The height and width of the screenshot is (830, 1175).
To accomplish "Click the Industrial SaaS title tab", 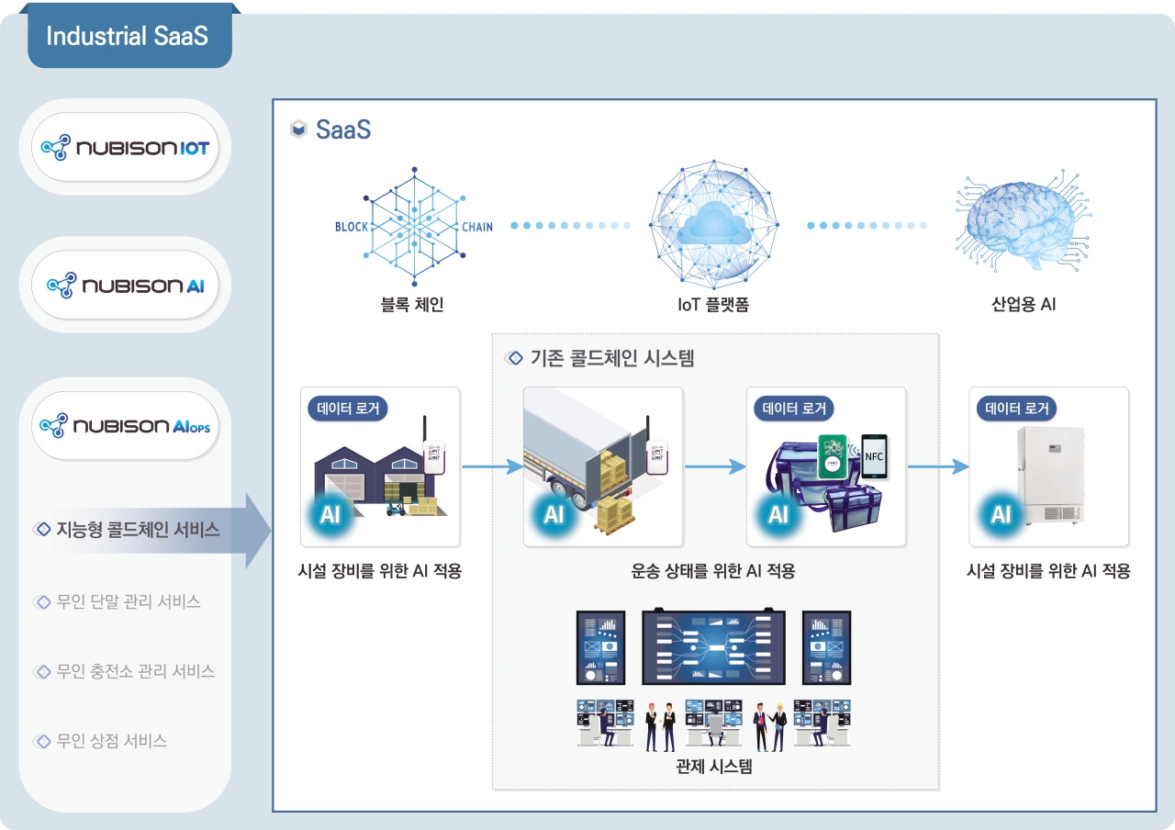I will point(129,37).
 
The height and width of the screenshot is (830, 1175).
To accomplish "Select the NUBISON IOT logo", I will point(126,148).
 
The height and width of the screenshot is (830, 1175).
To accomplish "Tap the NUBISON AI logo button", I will point(126,285).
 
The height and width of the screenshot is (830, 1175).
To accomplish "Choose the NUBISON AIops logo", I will point(126,426).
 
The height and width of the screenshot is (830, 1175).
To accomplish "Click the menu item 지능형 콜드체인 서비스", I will point(138,530).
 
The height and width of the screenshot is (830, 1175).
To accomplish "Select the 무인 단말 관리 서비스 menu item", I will point(129,602).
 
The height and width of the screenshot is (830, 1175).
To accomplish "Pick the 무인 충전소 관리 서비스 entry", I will point(136,671).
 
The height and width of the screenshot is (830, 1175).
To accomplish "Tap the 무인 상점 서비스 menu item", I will point(112,741).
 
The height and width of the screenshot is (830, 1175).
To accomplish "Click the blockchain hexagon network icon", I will point(413,226).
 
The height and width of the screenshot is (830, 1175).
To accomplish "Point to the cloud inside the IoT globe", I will point(712,223).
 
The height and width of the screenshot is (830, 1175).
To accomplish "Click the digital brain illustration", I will point(1015,223).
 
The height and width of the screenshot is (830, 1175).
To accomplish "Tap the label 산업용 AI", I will point(1023,304).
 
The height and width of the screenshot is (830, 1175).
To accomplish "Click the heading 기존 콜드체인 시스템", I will point(612,358).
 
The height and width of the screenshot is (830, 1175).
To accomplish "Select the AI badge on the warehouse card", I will point(330,514).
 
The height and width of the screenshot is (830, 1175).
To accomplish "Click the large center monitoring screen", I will point(713,648).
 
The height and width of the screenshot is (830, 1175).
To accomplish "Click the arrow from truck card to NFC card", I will point(714,466).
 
